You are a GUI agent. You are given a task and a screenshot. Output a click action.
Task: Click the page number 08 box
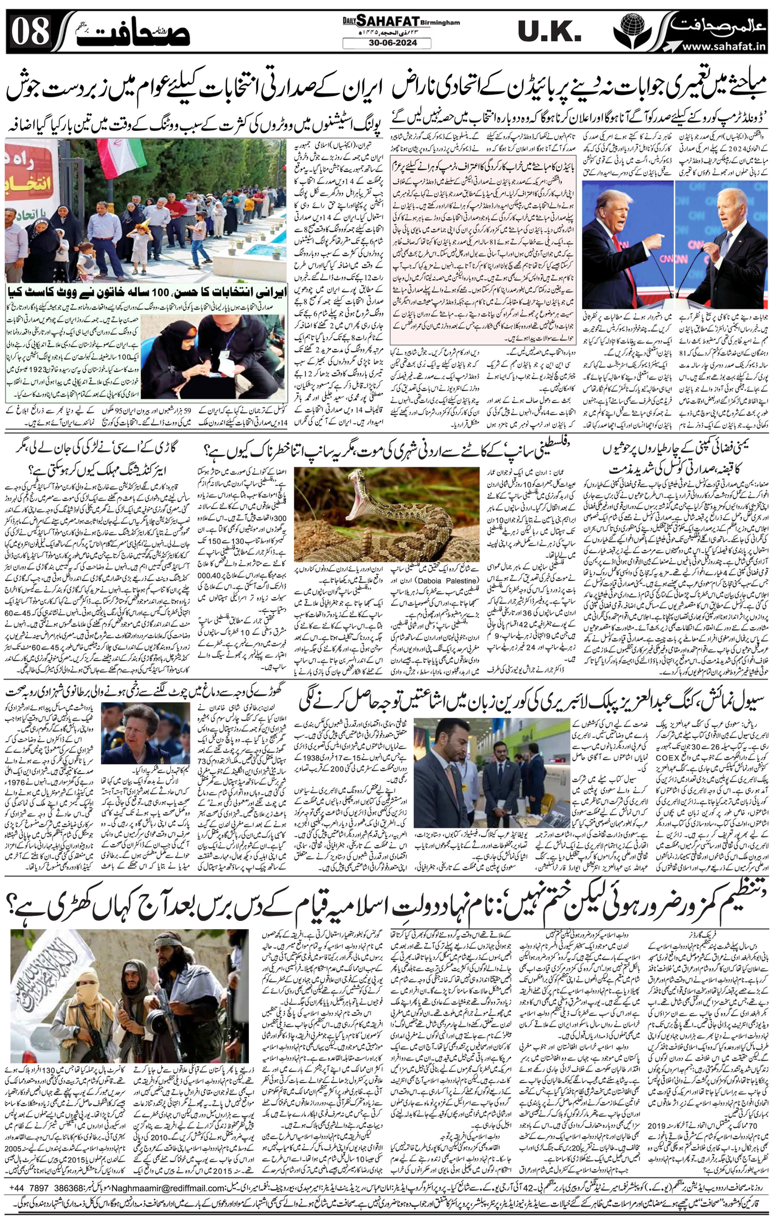(31, 32)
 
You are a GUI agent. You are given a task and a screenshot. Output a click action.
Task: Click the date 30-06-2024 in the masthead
(386, 44)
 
